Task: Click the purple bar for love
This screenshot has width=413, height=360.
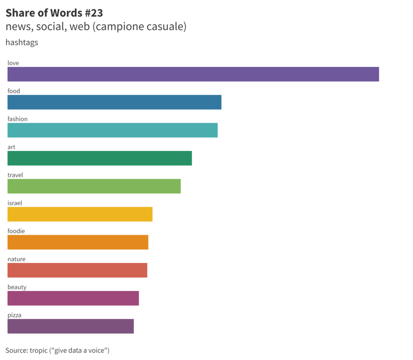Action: click(x=193, y=74)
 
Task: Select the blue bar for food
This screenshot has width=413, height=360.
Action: click(x=115, y=102)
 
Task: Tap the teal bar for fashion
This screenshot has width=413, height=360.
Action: click(x=113, y=130)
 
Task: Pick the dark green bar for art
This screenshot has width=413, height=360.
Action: click(x=100, y=158)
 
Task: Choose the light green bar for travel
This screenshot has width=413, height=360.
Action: click(x=94, y=186)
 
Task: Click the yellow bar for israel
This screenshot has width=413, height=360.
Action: click(x=80, y=214)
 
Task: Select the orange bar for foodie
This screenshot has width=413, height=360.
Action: click(x=78, y=242)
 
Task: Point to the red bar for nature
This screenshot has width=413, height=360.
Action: click(x=77, y=270)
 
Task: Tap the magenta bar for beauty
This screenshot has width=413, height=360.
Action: click(x=73, y=298)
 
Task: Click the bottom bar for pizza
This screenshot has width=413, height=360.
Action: click(x=71, y=326)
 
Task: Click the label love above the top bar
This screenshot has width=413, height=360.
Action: click(x=13, y=63)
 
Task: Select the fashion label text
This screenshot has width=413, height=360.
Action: click(x=17, y=119)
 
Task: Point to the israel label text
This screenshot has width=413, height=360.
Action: click(x=15, y=203)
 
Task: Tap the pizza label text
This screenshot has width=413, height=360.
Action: click(x=14, y=315)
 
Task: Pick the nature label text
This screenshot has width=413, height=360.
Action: click(x=17, y=259)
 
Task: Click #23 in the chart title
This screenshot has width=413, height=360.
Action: click(x=94, y=13)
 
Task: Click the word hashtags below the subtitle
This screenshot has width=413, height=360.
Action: click(x=22, y=42)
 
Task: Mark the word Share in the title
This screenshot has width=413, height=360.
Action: click(x=20, y=13)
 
